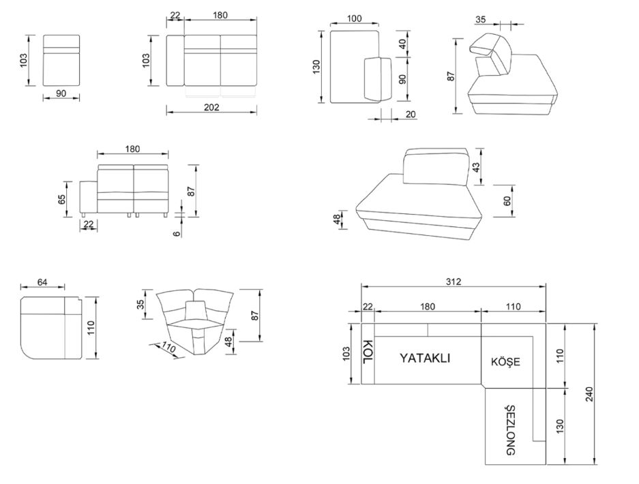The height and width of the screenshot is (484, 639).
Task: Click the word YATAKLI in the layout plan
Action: point(425,358)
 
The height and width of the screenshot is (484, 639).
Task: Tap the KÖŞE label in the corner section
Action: point(505,361)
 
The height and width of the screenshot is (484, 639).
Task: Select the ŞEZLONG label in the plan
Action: point(511,430)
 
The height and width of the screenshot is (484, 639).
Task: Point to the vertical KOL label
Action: point(368,352)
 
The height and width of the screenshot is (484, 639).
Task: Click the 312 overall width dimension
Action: point(454,282)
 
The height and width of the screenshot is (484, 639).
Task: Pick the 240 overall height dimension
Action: point(589,394)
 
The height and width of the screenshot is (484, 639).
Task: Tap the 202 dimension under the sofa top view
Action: point(211,107)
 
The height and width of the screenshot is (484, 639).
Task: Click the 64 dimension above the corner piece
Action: point(42,282)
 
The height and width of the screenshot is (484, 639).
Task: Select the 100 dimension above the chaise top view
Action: point(355,18)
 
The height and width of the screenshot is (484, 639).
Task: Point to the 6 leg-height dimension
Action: point(176,233)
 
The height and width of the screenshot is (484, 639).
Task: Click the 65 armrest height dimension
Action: point(62,200)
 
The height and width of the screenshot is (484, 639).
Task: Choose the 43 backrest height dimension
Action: point(476,166)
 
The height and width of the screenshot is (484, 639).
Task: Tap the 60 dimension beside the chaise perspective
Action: point(507,201)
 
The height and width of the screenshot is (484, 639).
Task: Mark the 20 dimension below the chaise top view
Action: point(411,115)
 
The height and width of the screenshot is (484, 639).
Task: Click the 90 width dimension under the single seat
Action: point(61,93)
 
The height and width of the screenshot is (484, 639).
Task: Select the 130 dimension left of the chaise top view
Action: point(317,67)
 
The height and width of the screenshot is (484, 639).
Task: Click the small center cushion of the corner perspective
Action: point(196,309)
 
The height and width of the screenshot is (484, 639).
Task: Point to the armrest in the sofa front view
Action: point(89,197)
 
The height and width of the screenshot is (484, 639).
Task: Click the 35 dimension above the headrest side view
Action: point(481,19)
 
